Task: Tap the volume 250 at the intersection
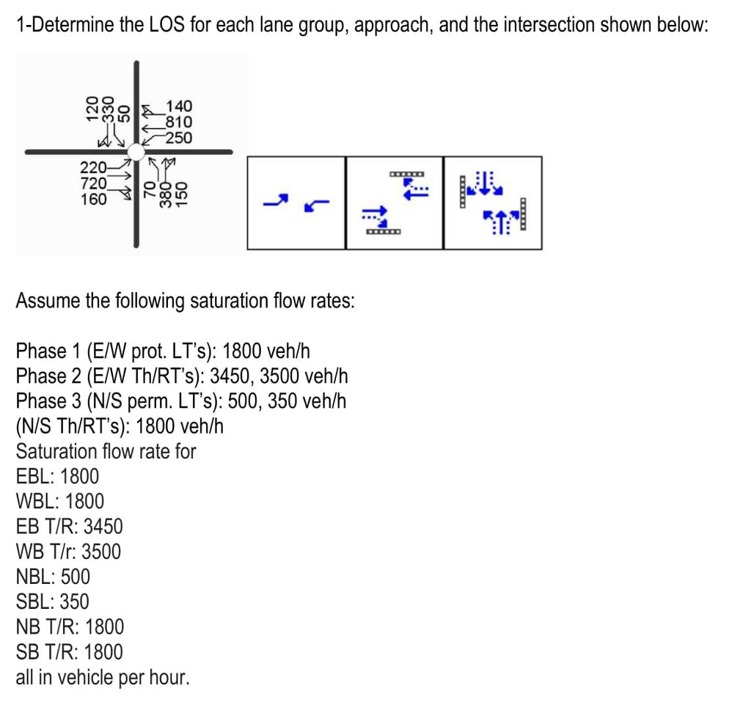(178, 138)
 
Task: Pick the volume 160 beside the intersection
(94, 198)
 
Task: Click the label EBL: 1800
(57, 476)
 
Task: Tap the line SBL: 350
(53, 602)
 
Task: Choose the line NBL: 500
(53, 577)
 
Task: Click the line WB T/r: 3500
(69, 552)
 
